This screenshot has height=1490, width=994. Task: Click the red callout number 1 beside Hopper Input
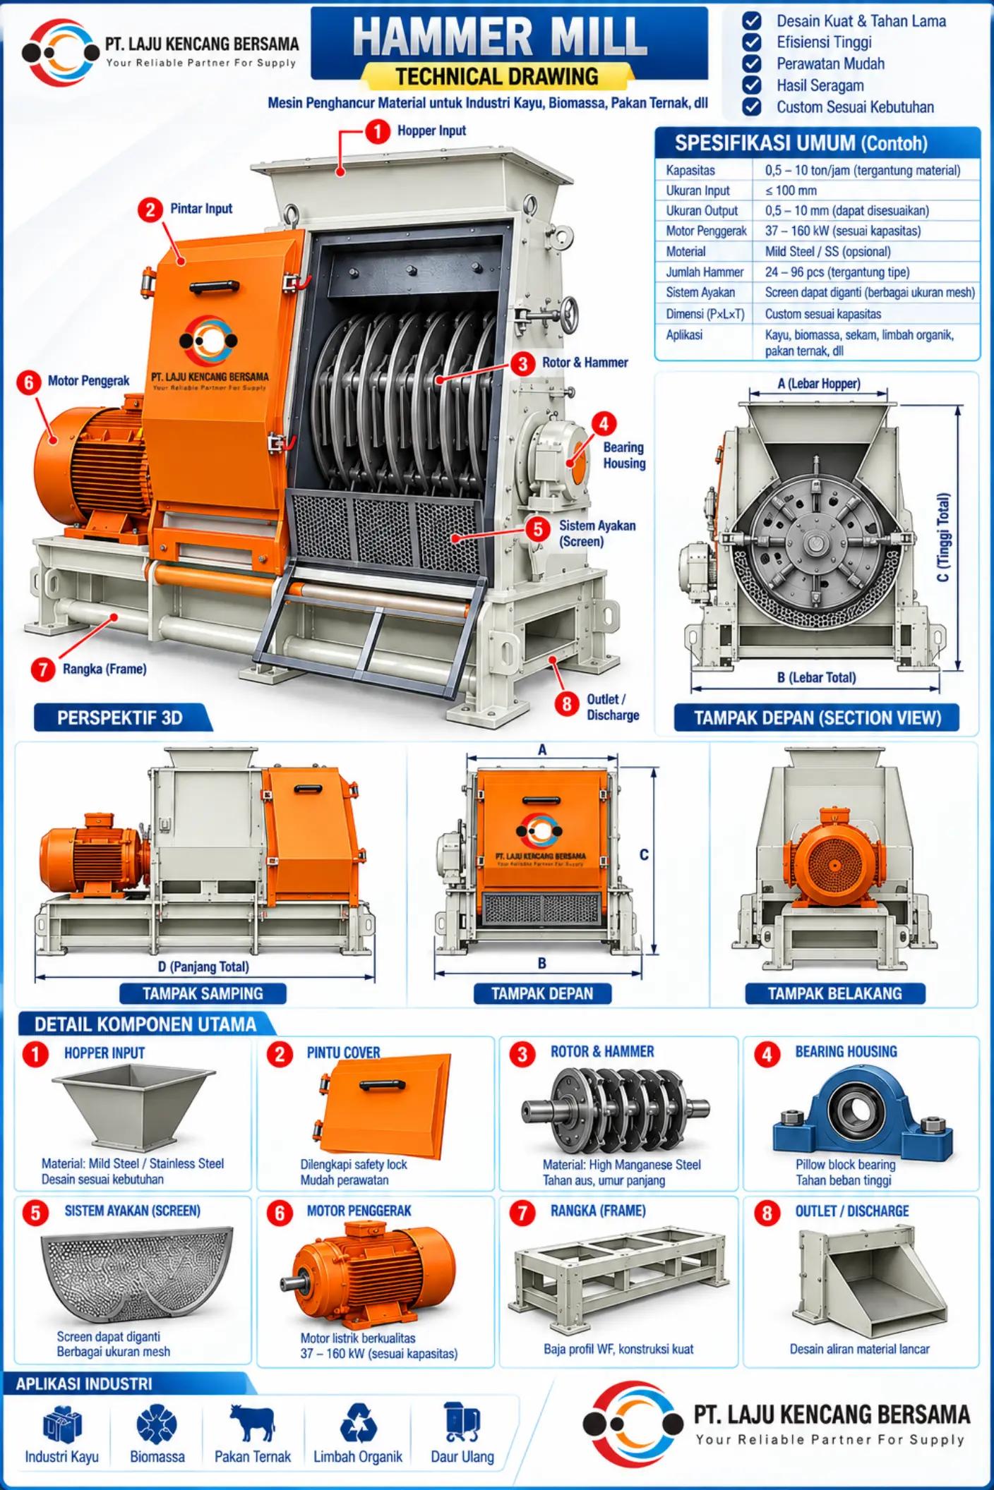tap(378, 131)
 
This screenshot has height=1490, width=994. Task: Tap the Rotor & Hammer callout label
tap(585, 363)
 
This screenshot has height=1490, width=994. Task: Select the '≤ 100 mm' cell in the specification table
tap(791, 190)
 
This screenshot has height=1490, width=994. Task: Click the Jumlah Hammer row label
tap(705, 272)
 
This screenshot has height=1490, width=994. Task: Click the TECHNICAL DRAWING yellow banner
tap(497, 76)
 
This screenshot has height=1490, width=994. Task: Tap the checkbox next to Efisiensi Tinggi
tap(752, 42)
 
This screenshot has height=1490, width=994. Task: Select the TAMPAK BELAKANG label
tap(834, 993)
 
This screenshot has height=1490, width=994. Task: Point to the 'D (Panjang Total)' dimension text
tap(203, 967)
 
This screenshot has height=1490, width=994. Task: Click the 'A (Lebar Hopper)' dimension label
tap(819, 384)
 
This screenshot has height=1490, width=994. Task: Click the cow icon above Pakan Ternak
tap(252, 1422)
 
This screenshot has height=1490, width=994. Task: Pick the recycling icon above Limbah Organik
tap(359, 1422)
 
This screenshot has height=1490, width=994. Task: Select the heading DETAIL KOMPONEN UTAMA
tap(145, 1024)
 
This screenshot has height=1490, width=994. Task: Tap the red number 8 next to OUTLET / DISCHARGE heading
tap(767, 1213)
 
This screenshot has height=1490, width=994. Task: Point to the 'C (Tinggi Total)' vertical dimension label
tap(943, 538)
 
